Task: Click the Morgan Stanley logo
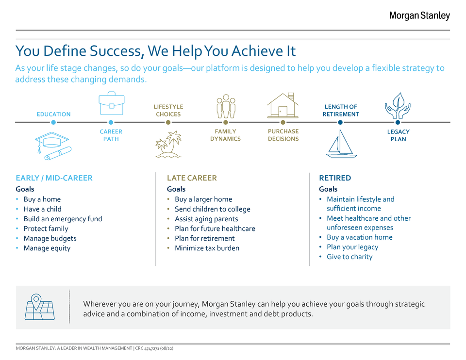419,16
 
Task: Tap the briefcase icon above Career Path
112,103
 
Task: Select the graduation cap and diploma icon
53,146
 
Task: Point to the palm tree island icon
168,145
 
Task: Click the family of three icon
226,106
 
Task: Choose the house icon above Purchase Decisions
283,105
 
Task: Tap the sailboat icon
341,143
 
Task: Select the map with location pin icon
39,307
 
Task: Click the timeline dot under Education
53,122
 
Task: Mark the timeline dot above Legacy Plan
398,122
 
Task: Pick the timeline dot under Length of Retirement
340,122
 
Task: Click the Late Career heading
192,178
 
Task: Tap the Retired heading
335,178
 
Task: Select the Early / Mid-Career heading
54,178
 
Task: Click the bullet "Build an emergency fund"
63,219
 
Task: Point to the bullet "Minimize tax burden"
207,248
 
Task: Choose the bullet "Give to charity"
349,257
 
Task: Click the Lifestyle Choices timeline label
168,111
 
